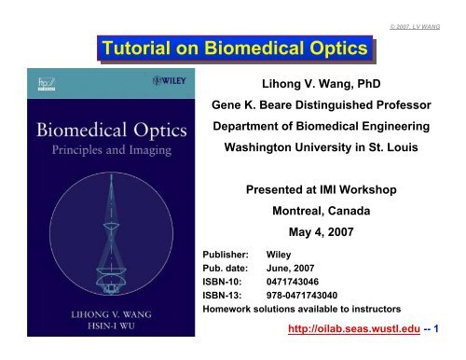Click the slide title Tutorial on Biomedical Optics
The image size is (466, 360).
234,48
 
